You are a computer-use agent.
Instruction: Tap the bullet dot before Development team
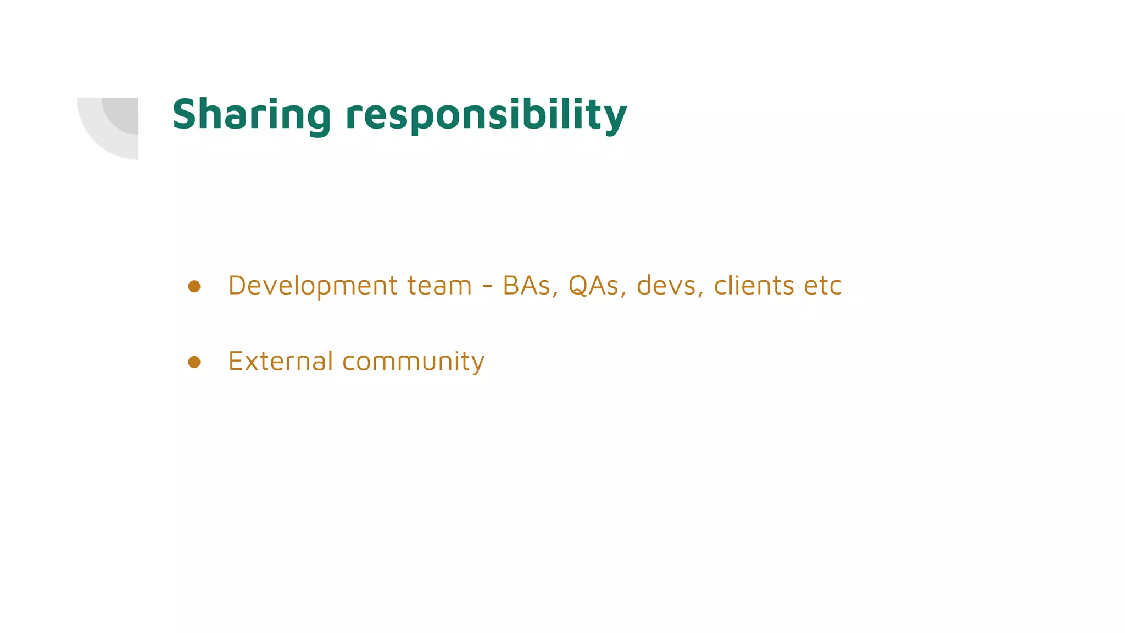click(194, 286)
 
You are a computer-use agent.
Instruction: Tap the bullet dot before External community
click(194, 362)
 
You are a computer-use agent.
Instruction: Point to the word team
click(439, 286)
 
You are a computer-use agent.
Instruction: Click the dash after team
click(487, 287)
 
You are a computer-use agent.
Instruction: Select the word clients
click(754, 286)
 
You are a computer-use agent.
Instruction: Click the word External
click(280, 361)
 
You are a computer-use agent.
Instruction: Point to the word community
click(413, 362)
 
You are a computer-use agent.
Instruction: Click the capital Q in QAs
click(578, 286)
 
